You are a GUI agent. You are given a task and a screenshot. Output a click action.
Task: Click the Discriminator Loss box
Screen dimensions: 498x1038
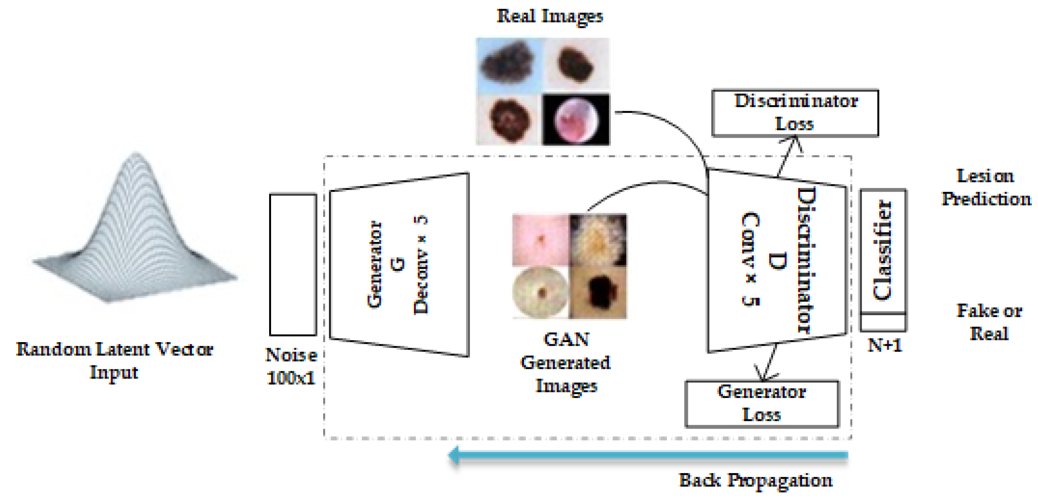(x=795, y=113)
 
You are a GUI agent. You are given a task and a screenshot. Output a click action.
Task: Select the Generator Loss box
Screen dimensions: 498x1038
(x=762, y=404)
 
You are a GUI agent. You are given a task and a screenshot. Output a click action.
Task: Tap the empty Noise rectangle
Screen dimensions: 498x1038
(x=293, y=264)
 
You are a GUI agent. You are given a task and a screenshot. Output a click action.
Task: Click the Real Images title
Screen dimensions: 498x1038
(x=550, y=16)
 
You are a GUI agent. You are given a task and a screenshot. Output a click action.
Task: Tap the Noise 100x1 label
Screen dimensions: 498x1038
(x=291, y=366)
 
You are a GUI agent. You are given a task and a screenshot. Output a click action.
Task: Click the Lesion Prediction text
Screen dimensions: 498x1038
(x=986, y=188)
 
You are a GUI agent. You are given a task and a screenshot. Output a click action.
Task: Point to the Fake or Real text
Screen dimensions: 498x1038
(x=989, y=322)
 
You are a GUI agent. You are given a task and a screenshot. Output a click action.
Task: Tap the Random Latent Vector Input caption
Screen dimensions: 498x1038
(x=114, y=360)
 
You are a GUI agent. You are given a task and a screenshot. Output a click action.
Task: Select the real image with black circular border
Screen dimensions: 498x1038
(x=576, y=119)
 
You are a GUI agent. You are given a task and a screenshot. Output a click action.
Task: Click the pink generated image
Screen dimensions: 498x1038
(x=540, y=239)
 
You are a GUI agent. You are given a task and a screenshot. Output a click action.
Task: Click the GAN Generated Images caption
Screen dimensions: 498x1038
(x=566, y=362)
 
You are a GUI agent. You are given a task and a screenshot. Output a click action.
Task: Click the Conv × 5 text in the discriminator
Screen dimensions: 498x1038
(x=750, y=259)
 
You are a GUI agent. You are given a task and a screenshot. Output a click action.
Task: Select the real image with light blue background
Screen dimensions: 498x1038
(x=509, y=64)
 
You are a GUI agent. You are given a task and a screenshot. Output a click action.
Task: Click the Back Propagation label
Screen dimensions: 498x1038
(x=755, y=480)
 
